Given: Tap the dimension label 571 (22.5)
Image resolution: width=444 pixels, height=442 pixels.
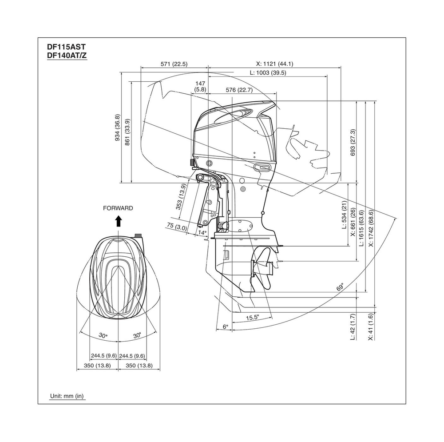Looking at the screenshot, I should [174, 64].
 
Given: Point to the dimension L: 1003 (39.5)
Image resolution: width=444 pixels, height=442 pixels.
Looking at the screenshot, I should [267, 73].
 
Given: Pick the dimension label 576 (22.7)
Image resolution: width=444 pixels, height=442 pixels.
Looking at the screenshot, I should [239, 90].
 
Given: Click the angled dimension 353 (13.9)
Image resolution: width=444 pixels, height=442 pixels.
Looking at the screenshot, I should [180, 197].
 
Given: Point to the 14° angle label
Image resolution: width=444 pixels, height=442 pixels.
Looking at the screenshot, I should [202, 232].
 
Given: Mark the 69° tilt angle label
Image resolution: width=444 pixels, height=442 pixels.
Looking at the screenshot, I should [341, 288].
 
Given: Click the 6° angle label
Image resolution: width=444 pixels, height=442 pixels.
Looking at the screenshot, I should [225, 327].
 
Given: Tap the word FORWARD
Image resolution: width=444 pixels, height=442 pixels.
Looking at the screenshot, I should [118, 207].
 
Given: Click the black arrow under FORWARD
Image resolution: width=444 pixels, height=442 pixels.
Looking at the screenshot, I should [118, 221].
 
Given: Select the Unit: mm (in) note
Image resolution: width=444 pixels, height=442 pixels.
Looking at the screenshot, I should [67, 395].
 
